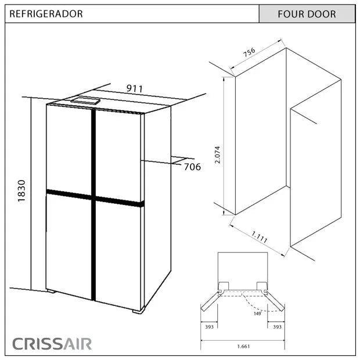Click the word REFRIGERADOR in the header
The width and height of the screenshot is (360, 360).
tap(46, 13)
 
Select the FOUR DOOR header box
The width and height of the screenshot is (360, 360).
tap(307, 14)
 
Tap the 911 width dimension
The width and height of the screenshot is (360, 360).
tap(135, 88)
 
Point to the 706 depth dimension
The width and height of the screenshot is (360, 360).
tap(192, 167)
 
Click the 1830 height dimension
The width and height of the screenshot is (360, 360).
tap(21, 190)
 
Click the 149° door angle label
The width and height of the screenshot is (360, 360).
tap(257, 313)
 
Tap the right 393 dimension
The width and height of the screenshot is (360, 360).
tap(277, 327)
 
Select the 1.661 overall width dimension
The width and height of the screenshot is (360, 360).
tap(243, 347)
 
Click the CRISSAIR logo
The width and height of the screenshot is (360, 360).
tap(52, 343)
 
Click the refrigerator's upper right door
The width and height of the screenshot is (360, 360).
tap(118, 156)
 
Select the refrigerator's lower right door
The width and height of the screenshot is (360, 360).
tap(118, 254)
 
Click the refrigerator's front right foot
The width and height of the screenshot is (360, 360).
tap(138, 311)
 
